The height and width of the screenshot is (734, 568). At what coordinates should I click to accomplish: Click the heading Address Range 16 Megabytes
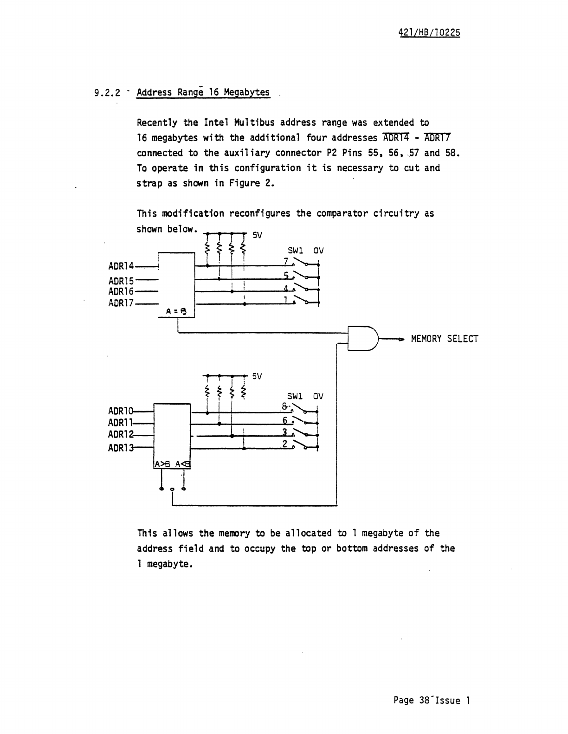(203, 92)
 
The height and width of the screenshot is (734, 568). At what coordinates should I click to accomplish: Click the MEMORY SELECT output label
(444, 339)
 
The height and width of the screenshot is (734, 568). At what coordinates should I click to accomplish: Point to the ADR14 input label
(121, 266)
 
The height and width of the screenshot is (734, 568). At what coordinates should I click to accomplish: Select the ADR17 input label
(121, 303)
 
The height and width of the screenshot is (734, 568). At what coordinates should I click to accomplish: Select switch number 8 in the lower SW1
(284, 407)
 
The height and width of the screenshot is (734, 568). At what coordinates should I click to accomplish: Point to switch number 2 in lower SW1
(284, 444)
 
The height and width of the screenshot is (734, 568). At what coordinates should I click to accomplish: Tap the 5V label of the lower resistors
(258, 376)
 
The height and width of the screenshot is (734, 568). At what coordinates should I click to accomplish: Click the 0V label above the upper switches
(318, 251)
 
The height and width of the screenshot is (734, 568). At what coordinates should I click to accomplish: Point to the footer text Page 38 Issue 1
(432, 700)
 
